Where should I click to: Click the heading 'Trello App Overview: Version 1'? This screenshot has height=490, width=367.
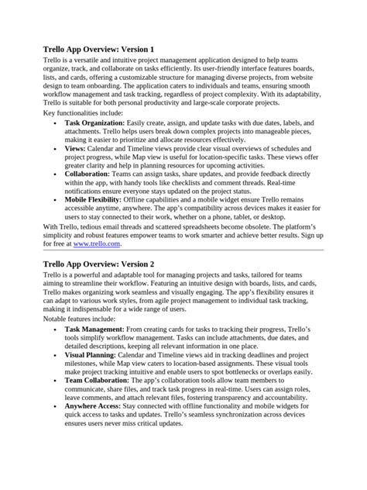pos(103,49)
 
